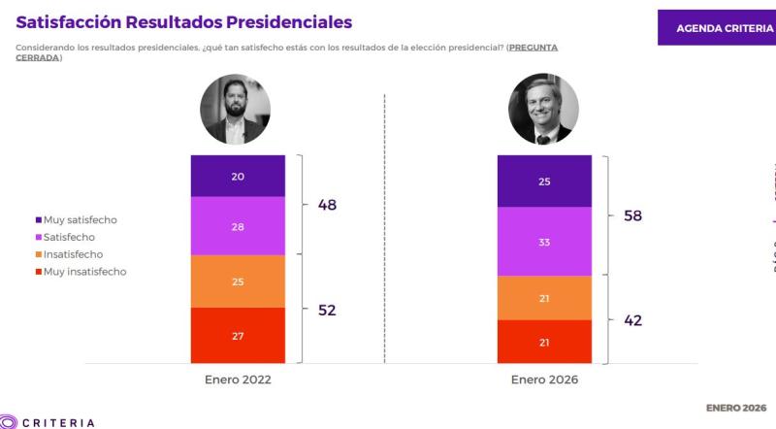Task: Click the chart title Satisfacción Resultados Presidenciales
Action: (184, 21)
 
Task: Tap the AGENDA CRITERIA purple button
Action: (717, 27)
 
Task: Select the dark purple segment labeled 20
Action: (238, 176)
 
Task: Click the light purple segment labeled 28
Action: (238, 225)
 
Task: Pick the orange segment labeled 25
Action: (238, 280)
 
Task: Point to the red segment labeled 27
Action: (238, 336)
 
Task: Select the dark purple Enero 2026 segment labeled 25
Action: (544, 181)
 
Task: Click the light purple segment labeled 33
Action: (544, 242)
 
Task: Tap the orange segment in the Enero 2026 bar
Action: (544, 298)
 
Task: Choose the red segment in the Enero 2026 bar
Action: (544, 343)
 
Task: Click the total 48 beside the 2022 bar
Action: (327, 205)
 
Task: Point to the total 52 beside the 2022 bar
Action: (327, 311)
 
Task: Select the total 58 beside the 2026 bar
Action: (631, 215)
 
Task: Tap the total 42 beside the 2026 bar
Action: (631, 320)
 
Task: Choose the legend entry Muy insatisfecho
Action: (84, 272)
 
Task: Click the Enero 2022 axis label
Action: (238, 379)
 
